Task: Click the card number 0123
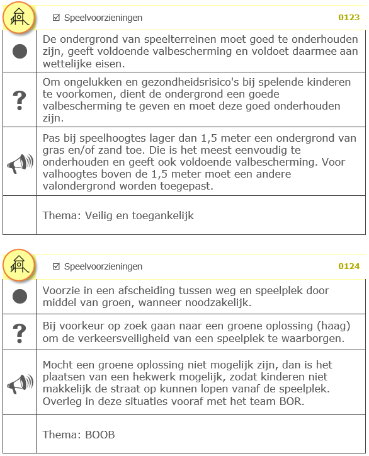point(349,18)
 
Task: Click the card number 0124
point(349,266)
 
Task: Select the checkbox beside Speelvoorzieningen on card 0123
point(57,18)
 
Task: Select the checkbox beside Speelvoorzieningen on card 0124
point(57,266)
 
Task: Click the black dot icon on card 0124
point(20,297)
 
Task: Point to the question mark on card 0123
point(20,100)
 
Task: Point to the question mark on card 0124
point(20,331)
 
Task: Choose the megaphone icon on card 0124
point(20,384)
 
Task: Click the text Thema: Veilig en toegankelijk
point(118,215)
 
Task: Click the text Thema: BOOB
point(79,435)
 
